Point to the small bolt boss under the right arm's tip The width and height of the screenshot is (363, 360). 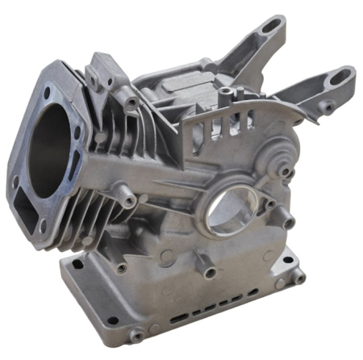tap(328, 105)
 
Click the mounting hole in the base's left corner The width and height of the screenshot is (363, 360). tap(77, 263)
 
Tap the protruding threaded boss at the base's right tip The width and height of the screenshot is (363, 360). tap(299, 276)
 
